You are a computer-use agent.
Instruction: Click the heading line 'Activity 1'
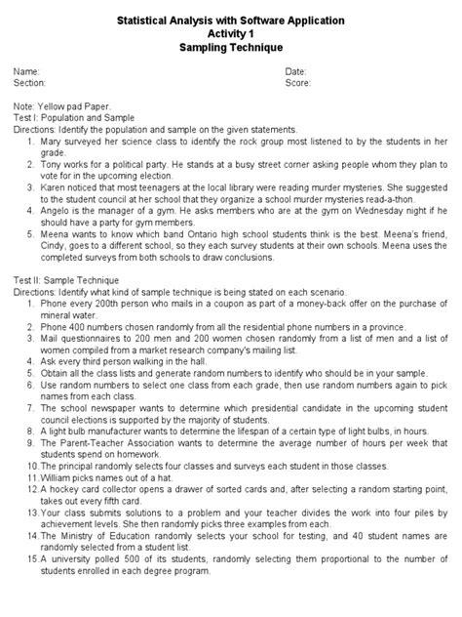tap(231, 32)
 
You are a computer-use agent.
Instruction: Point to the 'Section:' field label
tap(30, 84)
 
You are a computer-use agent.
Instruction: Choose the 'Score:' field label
tap(298, 84)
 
